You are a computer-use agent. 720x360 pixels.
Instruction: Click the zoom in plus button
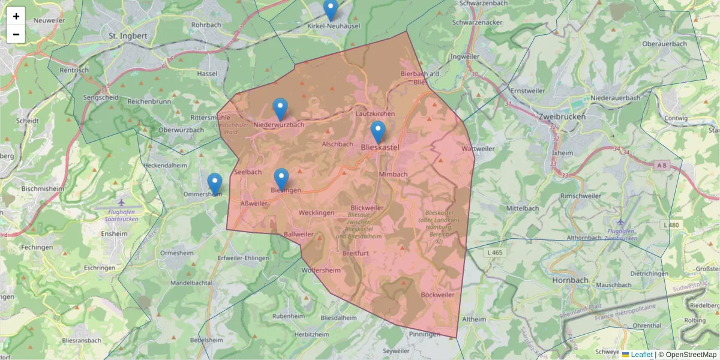tap(16, 16)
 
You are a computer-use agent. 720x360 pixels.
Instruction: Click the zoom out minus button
tap(16, 34)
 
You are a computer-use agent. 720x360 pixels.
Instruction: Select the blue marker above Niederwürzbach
tap(280, 109)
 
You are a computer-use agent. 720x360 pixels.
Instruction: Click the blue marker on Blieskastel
tap(377, 131)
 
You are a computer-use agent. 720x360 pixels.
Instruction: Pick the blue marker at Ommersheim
tap(214, 184)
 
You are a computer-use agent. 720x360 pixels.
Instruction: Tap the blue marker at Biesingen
tap(281, 179)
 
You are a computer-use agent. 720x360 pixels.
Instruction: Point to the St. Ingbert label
tap(128, 36)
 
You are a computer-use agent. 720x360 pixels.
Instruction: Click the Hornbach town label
tap(568, 280)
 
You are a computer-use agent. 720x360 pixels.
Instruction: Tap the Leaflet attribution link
tap(641, 355)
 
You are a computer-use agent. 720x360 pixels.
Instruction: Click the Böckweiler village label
tap(437, 295)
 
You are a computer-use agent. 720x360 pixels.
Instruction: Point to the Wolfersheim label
tap(322, 270)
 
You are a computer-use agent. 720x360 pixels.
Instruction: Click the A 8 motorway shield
tap(662, 164)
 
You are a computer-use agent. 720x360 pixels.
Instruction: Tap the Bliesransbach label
tap(82, 340)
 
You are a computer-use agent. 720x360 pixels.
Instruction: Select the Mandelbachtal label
tap(191, 282)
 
